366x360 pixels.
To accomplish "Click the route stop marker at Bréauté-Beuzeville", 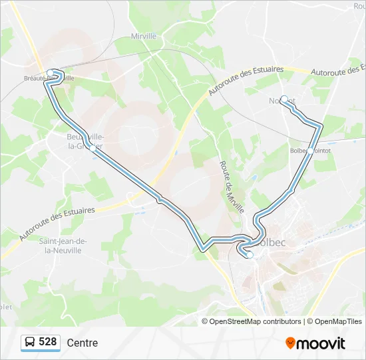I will click(x=50, y=73).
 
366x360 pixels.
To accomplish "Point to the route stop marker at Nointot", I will click(x=284, y=99).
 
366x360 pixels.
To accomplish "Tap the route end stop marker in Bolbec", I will click(x=250, y=255).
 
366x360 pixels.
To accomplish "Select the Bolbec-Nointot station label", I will click(x=311, y=151).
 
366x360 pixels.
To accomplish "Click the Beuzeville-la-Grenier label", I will click(x=84, y=142).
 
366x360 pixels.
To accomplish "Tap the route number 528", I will click(x=48, y=342).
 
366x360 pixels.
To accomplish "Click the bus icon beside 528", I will click(x=30, y=343).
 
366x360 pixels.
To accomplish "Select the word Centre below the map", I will click(x=83, y=343).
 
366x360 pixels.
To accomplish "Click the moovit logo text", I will click(x=321, y=343).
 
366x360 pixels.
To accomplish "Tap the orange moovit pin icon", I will click(x=290, y=343).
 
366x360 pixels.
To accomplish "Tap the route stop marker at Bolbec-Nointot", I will click(x=309, y=151).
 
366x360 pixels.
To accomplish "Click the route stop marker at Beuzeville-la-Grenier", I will click(x=92, y=149).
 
